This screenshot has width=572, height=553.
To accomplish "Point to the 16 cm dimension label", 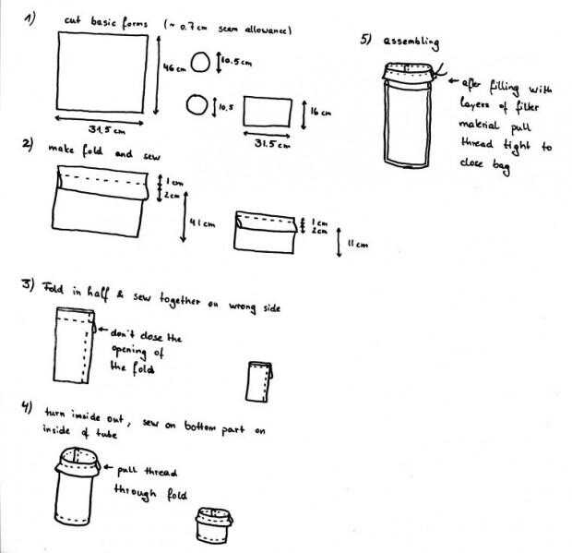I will tap(320, 112).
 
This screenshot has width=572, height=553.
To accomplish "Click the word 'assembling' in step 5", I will tap(413, 42).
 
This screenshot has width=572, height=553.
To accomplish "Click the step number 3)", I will tap(29, 283).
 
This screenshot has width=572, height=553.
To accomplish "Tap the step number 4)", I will tap(29, 406).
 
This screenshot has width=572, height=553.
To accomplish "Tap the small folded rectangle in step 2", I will tap(264, 231).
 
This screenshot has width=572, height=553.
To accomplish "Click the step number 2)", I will tap(29, 145).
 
